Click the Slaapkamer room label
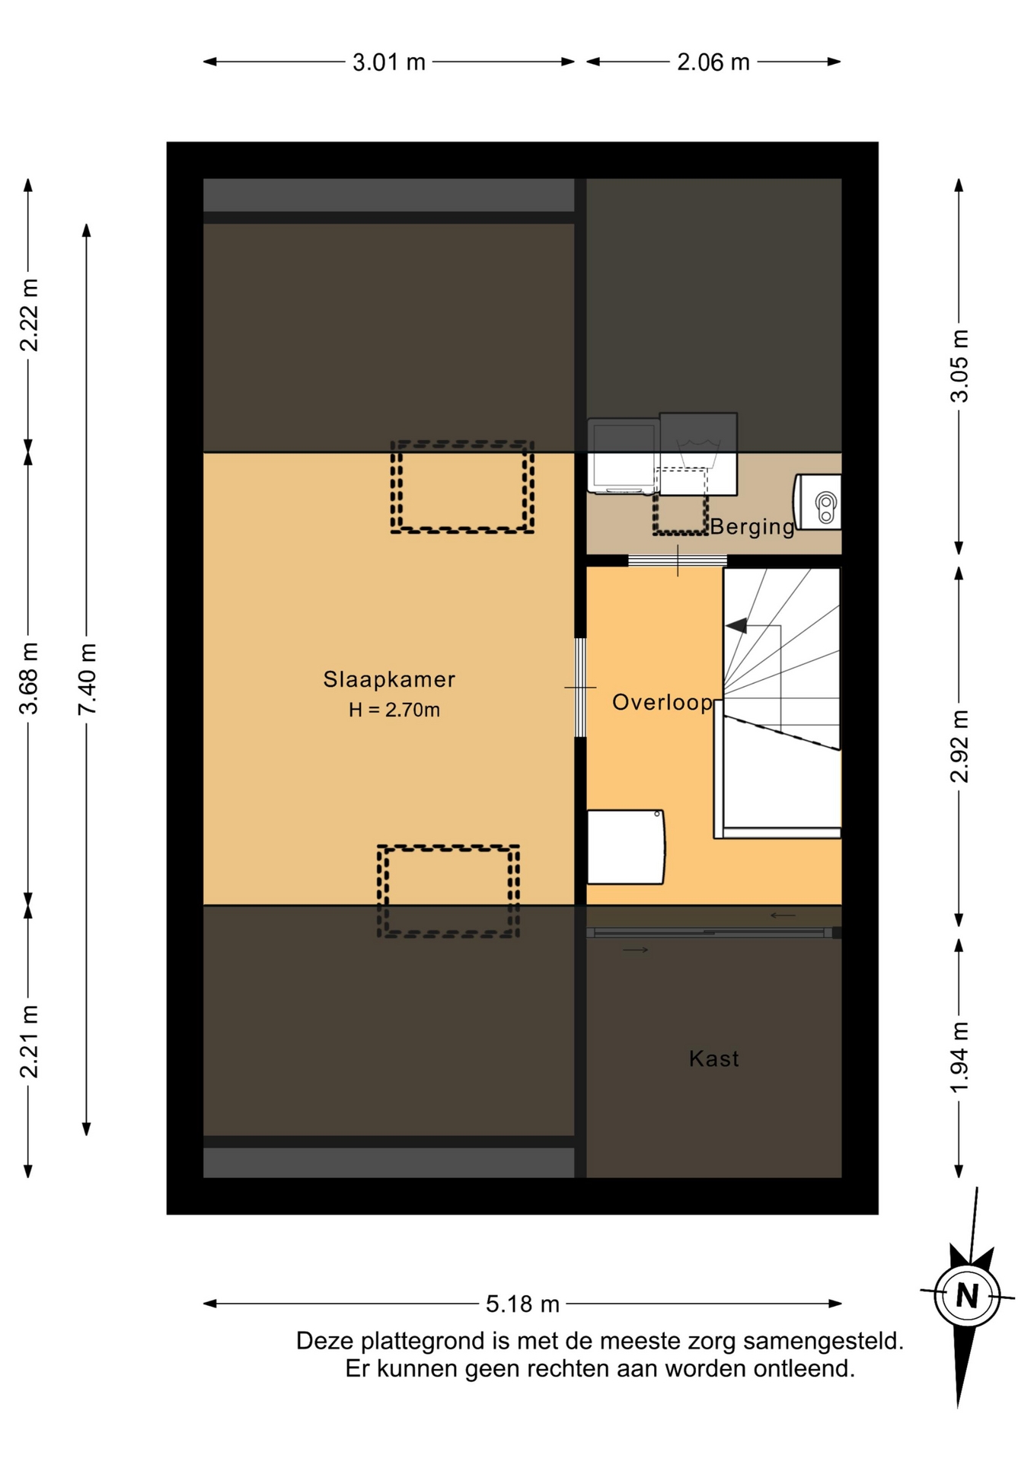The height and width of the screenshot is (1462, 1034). (389, 679)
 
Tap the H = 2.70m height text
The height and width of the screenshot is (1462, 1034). (394, 710)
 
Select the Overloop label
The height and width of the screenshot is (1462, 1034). (662, 703)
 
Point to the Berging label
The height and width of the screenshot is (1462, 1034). (752, 527)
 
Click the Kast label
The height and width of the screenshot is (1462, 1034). (714, 1058)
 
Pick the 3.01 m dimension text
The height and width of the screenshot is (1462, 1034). (389, 62)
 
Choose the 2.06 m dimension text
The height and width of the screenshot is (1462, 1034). (713, 62)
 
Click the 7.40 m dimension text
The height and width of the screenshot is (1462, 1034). (87, 679)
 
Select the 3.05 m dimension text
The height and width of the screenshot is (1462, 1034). (959, 365)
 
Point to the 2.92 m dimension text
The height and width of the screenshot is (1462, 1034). (959, 746)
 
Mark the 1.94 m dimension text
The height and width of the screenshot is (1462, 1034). (959, 1057)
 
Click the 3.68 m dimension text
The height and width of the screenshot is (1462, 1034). (28, 678)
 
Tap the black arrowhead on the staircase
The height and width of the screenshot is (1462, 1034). (736, 626)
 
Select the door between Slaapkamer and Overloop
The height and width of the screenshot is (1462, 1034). (580, 688)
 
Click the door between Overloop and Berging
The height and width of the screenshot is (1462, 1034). (678, 561)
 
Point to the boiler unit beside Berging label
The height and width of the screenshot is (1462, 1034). (818, 502)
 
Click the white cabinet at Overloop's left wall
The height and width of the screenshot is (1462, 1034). (626, 847)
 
